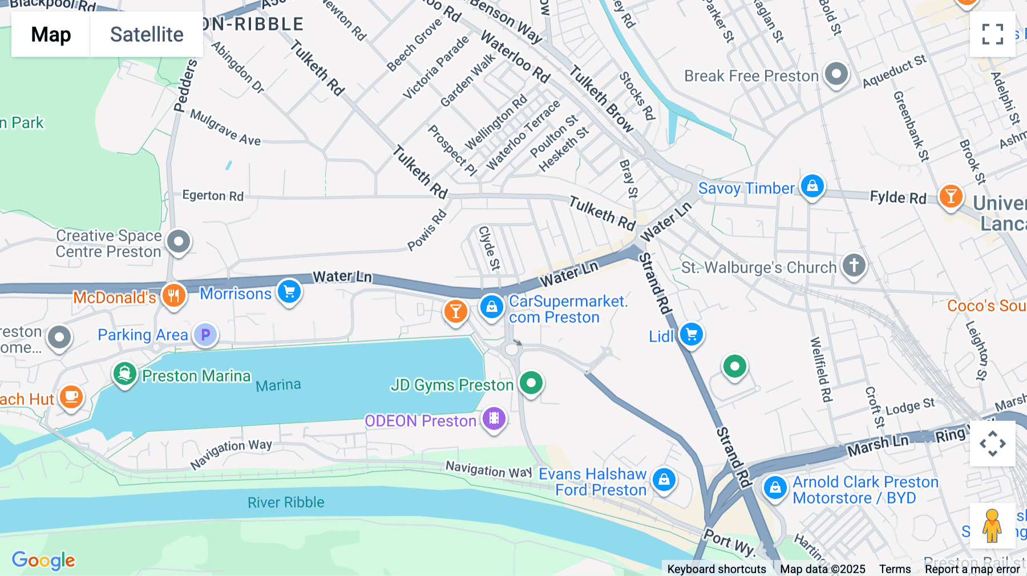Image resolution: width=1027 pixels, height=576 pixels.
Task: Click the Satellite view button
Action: (x=147, y=34)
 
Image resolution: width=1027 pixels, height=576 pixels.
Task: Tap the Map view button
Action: (x=51, y=34)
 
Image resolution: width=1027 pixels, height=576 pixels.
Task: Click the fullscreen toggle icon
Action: (x=992, y=34)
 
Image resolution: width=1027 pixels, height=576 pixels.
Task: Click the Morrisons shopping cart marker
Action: (x=289, y=291)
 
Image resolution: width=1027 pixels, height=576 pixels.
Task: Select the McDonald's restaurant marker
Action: (x=174, y=295)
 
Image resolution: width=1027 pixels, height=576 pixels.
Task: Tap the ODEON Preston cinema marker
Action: (x=494, y=419)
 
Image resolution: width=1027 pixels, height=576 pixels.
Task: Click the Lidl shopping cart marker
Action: (x=692, y=334)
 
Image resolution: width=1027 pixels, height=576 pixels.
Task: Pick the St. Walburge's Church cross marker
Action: (x=854, y=265)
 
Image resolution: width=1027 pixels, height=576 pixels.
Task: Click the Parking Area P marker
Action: (x=205, y=335)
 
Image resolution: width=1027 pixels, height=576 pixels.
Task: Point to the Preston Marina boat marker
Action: (x=124, y=374)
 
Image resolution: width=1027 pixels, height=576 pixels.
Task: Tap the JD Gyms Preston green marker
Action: (x=531, y=383)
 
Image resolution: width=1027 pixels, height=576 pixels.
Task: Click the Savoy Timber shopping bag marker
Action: (x=812, y=186)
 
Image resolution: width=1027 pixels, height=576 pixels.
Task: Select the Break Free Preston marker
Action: (x=836, y=74)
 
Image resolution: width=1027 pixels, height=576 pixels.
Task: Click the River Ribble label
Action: (x=286, y=502)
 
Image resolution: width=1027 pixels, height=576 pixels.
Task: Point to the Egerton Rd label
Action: (x=213, y=196)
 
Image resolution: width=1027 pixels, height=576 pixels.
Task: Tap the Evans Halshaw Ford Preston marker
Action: (x=664, y=480)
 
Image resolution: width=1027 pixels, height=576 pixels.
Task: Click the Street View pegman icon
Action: (x=992, y=526)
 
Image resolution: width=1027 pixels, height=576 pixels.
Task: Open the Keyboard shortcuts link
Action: (x=717, y=569)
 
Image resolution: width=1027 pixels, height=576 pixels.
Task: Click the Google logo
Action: (x=43, y=560)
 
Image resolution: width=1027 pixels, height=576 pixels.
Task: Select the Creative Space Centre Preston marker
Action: (x=179, y=241)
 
